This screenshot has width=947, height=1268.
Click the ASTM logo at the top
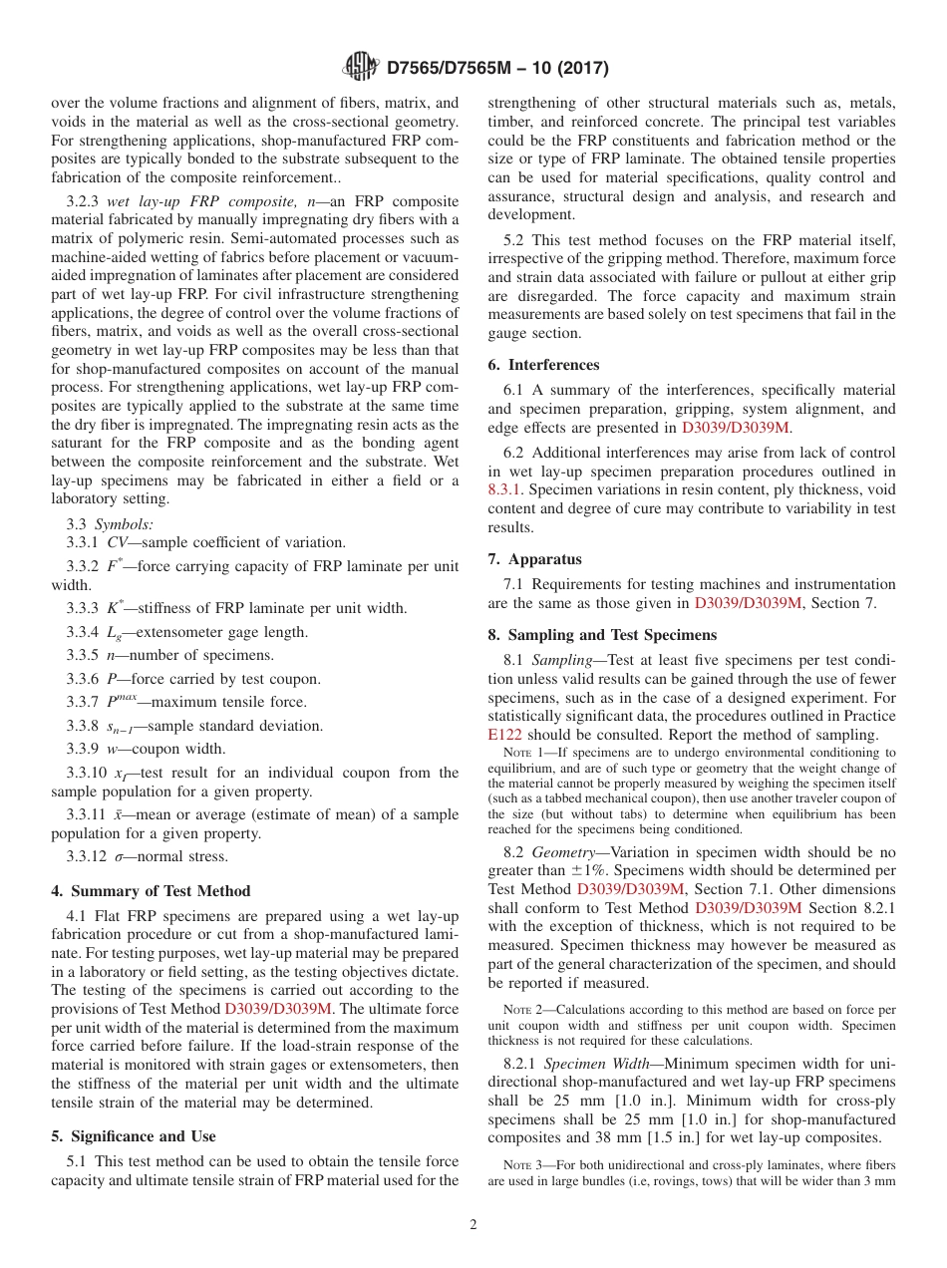(360, 67)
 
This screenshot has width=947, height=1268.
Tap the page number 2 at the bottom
(473, 1224)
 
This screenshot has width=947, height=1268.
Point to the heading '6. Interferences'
(543, 365)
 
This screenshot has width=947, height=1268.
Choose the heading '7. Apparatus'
(534, 559)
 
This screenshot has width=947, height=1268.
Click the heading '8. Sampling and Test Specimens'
(602, 634)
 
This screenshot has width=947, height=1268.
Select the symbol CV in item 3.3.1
(118, 543)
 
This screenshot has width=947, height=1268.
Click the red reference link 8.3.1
(505, 489)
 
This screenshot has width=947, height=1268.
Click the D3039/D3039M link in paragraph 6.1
(735, 428)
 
